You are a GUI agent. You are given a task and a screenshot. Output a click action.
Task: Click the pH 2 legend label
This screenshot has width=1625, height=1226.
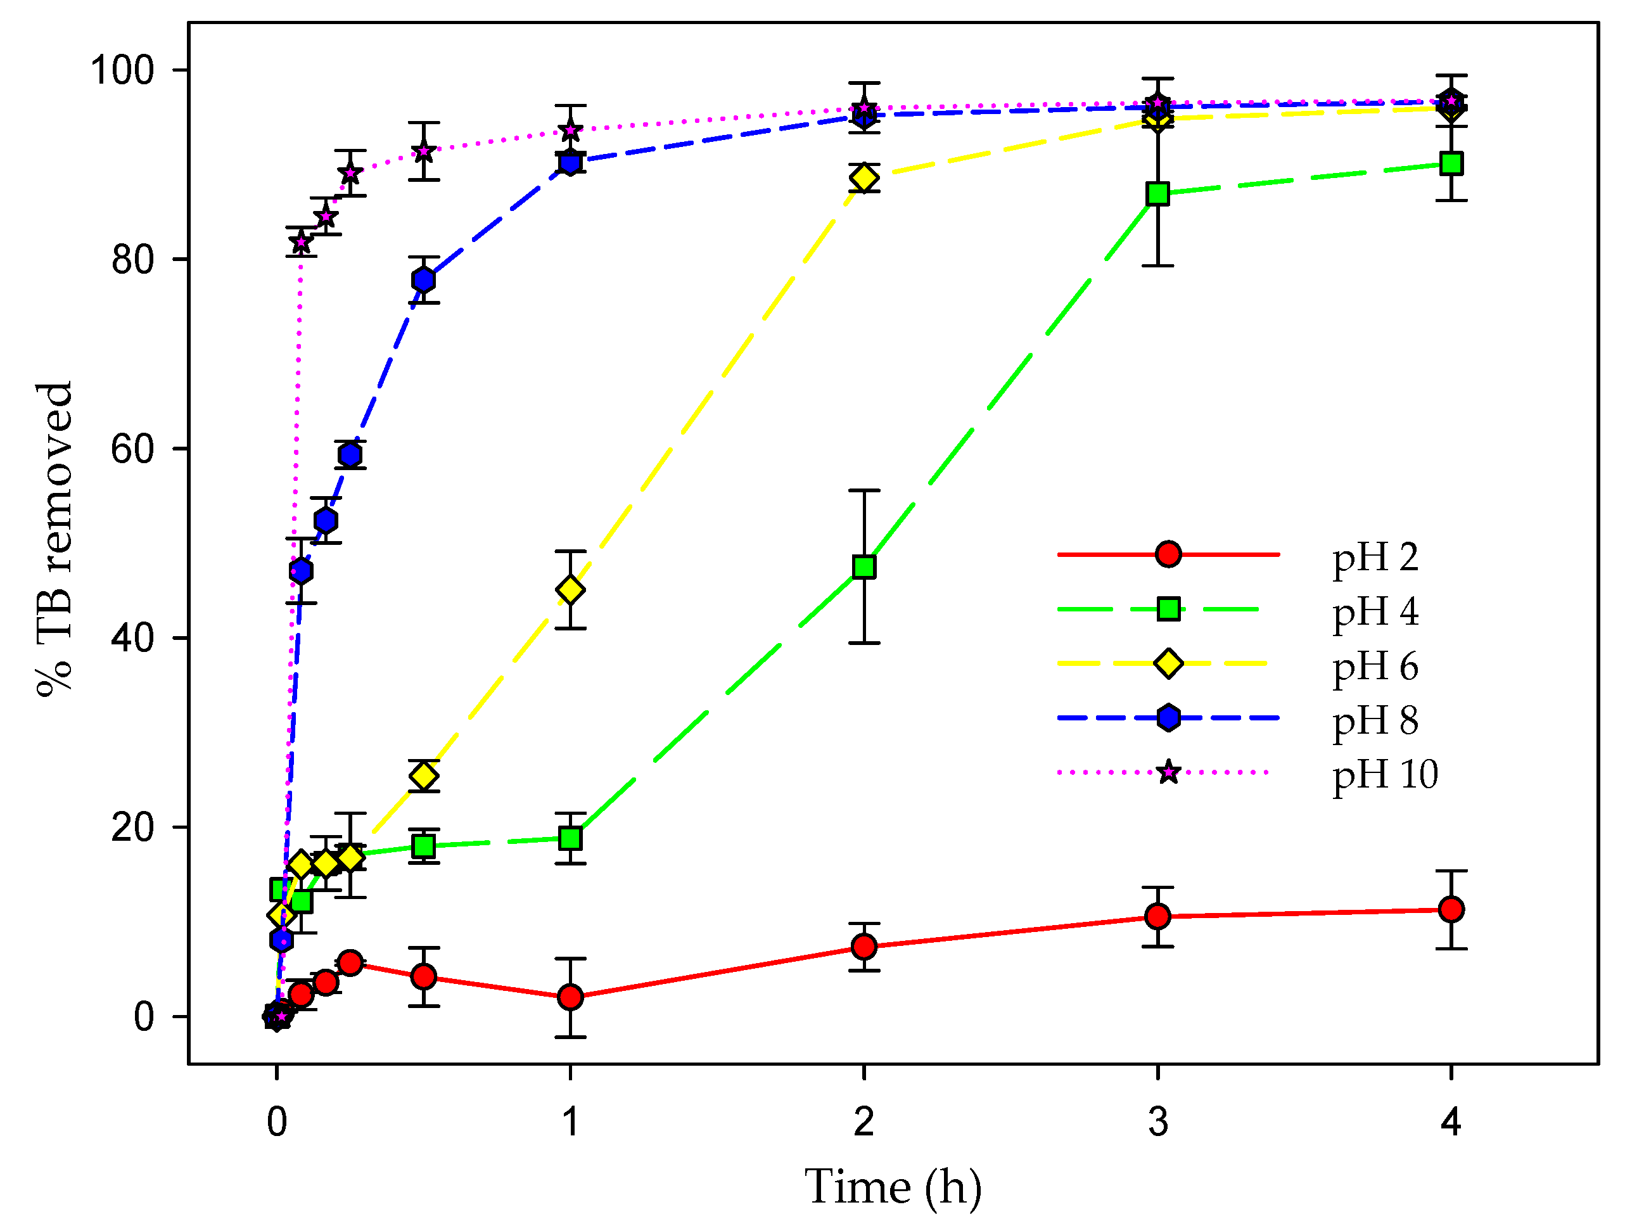[1375, 558]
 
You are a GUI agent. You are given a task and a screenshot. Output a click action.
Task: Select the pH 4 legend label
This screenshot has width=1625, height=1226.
[1375, 612]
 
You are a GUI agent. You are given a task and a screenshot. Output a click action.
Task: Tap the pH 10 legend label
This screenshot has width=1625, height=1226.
[1385, 774]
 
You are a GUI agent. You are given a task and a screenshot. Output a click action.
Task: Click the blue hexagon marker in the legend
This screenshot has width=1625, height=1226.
[1168, 718]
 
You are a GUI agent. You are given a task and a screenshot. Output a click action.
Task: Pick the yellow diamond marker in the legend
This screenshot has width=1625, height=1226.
[1168, 663]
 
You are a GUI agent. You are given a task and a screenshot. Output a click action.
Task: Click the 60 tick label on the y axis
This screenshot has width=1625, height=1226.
[132, 449]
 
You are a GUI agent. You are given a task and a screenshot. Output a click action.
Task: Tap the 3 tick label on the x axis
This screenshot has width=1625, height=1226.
[1158, 1121]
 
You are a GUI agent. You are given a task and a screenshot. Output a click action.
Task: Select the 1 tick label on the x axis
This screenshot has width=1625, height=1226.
[570, 1121]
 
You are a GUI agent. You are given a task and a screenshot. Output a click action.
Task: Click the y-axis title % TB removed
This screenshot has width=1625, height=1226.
[55, 539]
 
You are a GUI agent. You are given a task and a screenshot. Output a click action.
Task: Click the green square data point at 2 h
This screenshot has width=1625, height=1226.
[864, 566]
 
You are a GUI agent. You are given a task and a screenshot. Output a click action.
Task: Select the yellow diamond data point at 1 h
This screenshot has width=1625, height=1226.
[570, 589]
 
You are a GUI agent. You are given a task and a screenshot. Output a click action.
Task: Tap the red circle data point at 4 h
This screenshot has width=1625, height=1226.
[1451, 909]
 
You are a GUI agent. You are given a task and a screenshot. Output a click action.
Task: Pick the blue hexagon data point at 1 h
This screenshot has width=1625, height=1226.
[570, 162]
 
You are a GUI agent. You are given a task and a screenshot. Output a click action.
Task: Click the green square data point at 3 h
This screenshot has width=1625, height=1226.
[1158, 194]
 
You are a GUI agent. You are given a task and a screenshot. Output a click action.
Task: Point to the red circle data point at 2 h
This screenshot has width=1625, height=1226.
[864, 947]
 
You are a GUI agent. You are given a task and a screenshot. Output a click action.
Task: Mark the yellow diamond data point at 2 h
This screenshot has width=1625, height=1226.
[864, 178]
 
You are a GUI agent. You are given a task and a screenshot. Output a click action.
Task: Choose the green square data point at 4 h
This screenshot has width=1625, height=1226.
[1451, 163]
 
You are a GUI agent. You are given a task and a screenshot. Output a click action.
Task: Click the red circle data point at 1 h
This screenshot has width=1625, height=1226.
[570, 997]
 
